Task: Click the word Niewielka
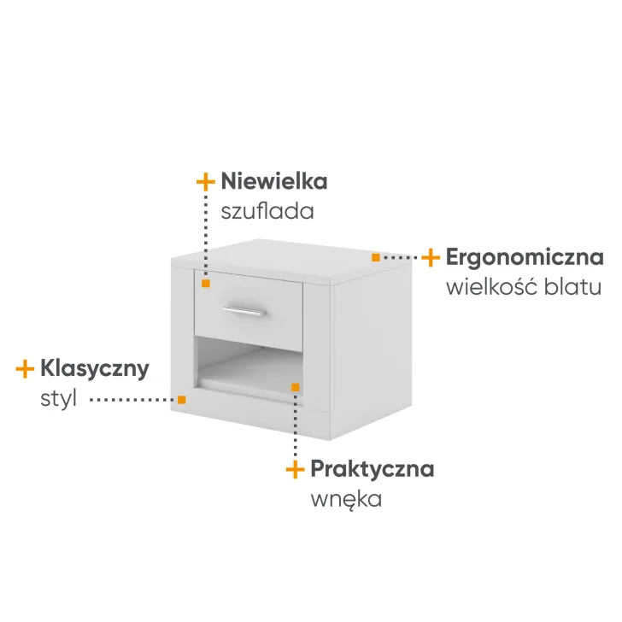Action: [x=273, y=181]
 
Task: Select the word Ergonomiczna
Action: [x=525, y=256]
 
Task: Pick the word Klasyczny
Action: [x=94, y=368]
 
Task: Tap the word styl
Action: [x=58, y=398]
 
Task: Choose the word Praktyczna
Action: [x=372, y=468]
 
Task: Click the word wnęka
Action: [x=345, y=498]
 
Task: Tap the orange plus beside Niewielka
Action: [x=205, y=181]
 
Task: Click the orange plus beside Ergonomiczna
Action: [x=431, y=256]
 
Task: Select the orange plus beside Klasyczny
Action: [x=25, y=368]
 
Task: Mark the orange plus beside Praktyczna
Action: [x=295, y=468]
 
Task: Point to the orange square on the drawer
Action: [x=206, y=282]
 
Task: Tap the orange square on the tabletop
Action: [x=376, y=256]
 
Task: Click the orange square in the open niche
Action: [x=295, y=387]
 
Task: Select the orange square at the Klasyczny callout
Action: [x=181, y=399]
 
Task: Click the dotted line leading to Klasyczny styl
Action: [x=132, y=399]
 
